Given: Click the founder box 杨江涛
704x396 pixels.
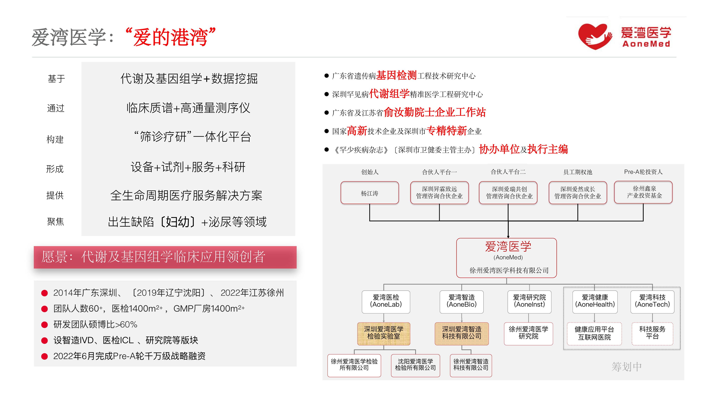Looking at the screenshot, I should click(370, 193).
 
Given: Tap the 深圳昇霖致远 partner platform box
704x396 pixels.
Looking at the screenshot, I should click(439, 193).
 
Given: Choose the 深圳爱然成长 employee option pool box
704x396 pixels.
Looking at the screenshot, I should click(577, 193).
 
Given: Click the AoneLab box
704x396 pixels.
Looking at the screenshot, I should click(386, 301).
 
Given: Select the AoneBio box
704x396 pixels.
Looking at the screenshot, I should click(461, 301).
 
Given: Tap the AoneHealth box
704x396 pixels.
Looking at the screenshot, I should click(595, 301).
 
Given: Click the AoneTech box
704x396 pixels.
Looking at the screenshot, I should click(652, 301).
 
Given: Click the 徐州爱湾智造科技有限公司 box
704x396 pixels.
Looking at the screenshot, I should click(471, 365).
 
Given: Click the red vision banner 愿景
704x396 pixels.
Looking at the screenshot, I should click(165, 257).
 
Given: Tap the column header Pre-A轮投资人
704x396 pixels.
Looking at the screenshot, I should click(643, 172).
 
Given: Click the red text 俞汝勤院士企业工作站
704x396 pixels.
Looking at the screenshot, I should click(435, 112).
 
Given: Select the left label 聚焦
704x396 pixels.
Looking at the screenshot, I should click(55, 221).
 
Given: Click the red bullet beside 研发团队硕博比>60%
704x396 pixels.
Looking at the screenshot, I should click(45, 325).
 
